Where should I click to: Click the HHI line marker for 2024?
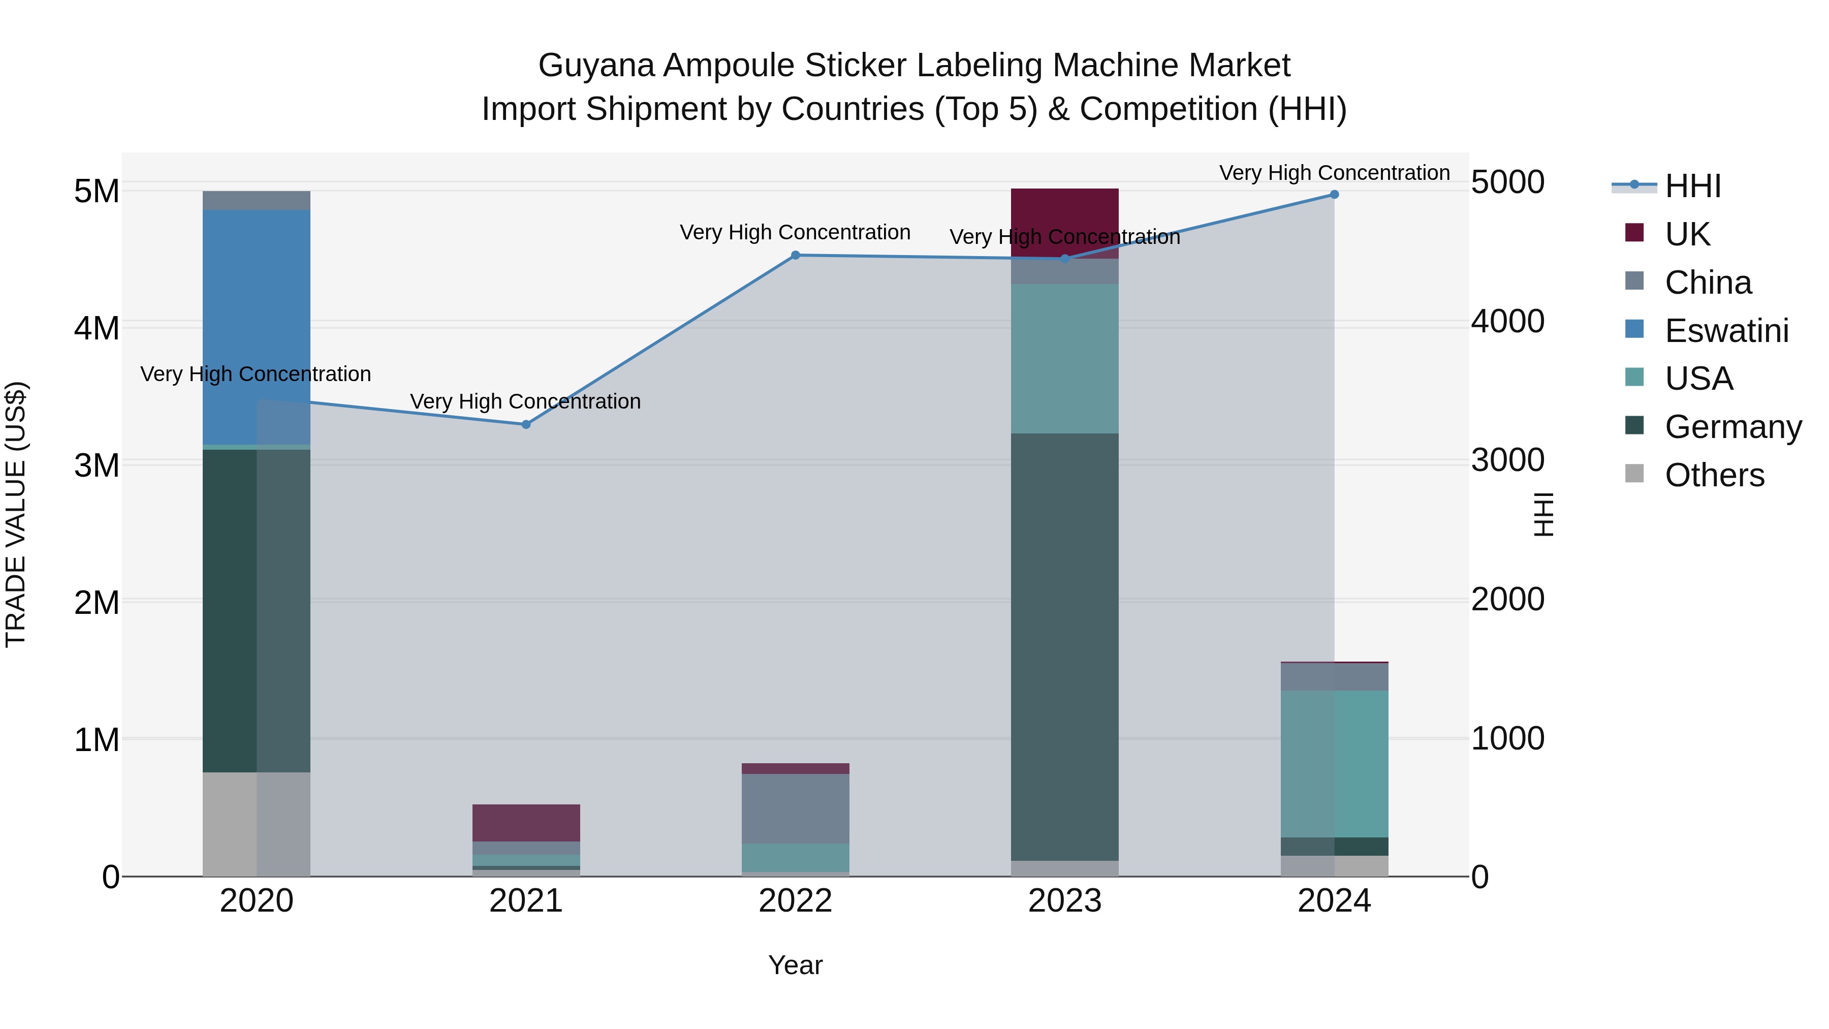click(x=1334, y=194)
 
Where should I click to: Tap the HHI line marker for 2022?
click(x=795, y=255)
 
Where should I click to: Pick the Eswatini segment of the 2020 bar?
click(x=257, y=327)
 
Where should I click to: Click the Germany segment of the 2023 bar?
click(x=1064, y=646)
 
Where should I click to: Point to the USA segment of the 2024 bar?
click(x=1334, y=763)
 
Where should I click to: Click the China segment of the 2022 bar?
click(x=795, y=808)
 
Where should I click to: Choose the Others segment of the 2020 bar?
click(x=257, y=824)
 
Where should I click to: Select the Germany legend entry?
click(x=1732, y=427)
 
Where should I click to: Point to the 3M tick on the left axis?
click(x=97, y=466)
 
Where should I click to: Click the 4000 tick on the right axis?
click(x=1507, y=321)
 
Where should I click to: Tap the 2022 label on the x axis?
click(x=795, y=901)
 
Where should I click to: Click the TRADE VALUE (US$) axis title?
click(x=16, y=514)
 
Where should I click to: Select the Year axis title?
click(x=795, y=965)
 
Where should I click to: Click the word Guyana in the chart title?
click(x=596, y=66)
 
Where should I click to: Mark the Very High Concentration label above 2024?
click(x=1334, y=173)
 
